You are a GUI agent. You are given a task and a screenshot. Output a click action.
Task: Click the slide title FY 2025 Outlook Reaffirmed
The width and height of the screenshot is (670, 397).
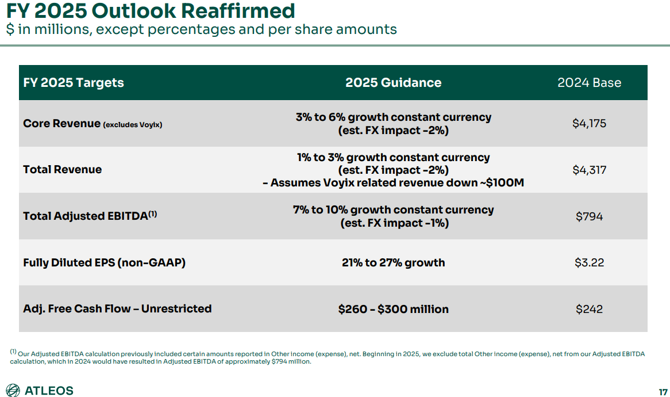[151, 11]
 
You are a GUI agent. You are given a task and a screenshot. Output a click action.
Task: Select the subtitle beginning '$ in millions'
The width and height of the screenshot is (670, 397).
[201, 29]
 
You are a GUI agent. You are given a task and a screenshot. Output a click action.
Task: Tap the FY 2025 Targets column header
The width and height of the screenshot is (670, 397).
[74, 82]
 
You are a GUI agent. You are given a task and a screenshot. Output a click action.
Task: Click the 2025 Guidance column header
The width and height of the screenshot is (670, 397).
[393, 82]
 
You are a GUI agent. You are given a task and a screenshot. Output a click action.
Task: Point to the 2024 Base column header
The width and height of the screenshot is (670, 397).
[589, 82]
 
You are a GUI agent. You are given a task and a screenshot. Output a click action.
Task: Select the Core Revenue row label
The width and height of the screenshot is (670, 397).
[61, 123]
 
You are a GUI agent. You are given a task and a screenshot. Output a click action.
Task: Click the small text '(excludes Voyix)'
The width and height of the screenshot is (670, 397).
[133, 124]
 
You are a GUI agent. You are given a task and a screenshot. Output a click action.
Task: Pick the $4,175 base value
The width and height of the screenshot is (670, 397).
[589, 123]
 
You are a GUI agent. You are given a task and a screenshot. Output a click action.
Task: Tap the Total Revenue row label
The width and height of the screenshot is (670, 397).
[62, 170]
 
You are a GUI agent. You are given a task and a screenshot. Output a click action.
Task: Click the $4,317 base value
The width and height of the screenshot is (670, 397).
[589, 170]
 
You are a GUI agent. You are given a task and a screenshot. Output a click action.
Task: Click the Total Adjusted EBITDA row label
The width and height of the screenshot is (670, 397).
[85, 216]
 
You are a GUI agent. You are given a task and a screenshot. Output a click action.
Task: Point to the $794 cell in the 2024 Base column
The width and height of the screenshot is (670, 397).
[589, 216]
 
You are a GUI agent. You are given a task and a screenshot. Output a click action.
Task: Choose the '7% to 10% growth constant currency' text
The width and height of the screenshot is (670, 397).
[393, 210]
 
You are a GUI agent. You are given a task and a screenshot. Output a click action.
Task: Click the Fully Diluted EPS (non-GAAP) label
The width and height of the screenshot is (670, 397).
[104, 262]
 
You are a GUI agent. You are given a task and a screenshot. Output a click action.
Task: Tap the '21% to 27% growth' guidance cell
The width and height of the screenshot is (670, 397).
[393, 262]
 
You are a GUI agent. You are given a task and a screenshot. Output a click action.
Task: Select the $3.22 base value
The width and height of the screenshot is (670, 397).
[589, 262]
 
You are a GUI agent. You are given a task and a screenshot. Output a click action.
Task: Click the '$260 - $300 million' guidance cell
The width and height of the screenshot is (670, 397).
[393, 309]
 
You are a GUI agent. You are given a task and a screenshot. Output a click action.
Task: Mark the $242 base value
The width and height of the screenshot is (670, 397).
[589, 309]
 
